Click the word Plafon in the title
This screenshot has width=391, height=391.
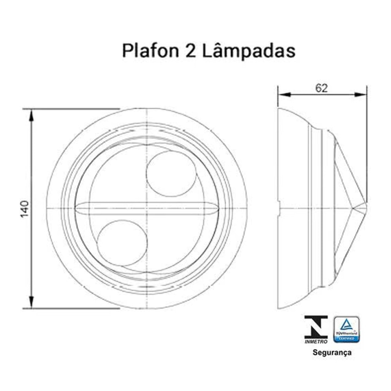pos(148,51)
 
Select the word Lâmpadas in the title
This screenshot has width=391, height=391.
pos(249,51)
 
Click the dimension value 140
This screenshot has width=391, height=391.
pos(24,209)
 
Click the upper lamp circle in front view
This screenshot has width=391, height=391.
pos(171,174)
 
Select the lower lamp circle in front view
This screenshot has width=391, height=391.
pos(122,242)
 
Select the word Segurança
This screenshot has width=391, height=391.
pos(332,352)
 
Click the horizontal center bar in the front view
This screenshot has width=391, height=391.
pos(147,208)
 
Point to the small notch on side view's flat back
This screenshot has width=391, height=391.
pos(279,208)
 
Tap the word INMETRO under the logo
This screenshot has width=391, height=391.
pos(316,341)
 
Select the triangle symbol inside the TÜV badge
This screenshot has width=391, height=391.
pos(346,324)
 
